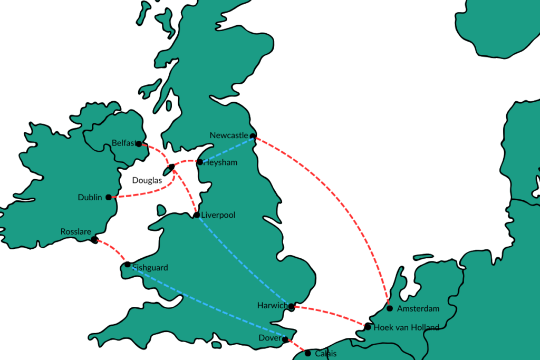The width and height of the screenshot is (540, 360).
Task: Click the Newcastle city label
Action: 228,135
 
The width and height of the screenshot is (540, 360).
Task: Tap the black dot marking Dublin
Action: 109,197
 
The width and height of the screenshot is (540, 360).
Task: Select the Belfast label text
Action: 124,143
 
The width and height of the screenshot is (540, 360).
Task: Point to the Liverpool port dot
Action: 197,215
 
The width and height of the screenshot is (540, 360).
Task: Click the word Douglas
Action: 147,180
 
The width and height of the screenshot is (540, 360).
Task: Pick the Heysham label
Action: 220,163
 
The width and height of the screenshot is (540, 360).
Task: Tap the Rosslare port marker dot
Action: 94,240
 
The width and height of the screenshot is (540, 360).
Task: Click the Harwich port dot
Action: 291,306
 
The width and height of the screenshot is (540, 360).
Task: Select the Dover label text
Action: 271,338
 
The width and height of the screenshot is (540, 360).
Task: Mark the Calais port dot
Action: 308,353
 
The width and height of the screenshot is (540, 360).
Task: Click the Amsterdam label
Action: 418,308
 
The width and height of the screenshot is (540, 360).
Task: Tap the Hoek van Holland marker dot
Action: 368,327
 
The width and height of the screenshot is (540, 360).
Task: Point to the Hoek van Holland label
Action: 406,327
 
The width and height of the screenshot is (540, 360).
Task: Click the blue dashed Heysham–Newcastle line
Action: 227,149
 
